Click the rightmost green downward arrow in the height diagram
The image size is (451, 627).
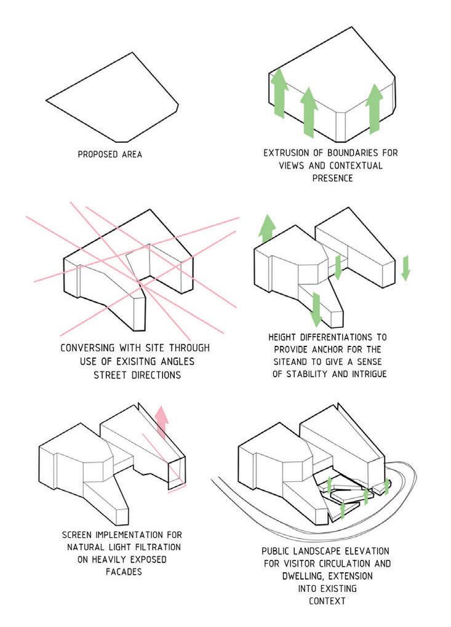click(x=404, y=268)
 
